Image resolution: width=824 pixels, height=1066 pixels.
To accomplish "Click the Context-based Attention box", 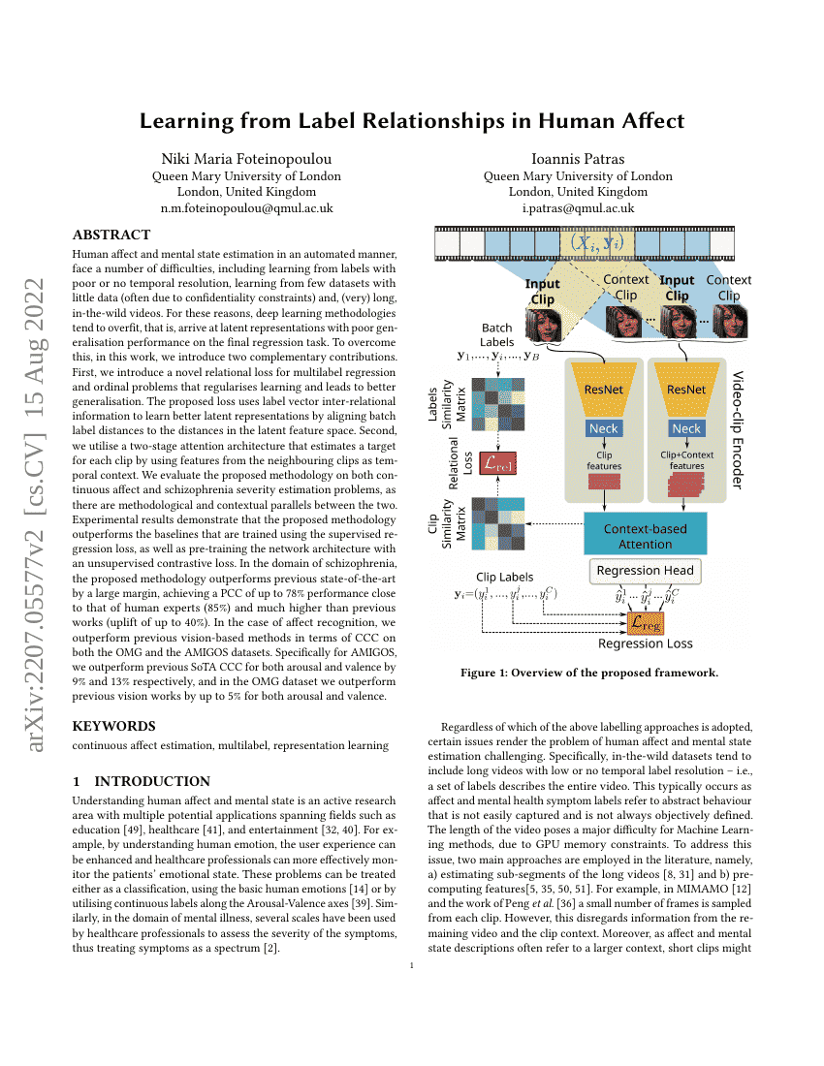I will pos(645,536).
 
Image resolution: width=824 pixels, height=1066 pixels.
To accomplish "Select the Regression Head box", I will pos(645,571).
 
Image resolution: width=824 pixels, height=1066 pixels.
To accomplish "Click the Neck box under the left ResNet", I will pos(604,428).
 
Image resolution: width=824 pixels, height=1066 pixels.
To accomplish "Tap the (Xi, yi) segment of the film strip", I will pos(595,242).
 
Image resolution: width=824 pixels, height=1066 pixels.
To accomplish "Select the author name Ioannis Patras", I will pos(578,159).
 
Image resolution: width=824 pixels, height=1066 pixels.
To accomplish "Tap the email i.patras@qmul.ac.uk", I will pos(578,208).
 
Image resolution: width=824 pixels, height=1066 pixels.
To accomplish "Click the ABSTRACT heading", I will pos(111,235).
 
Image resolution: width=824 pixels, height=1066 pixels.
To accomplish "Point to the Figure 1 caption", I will pos(577,674).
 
